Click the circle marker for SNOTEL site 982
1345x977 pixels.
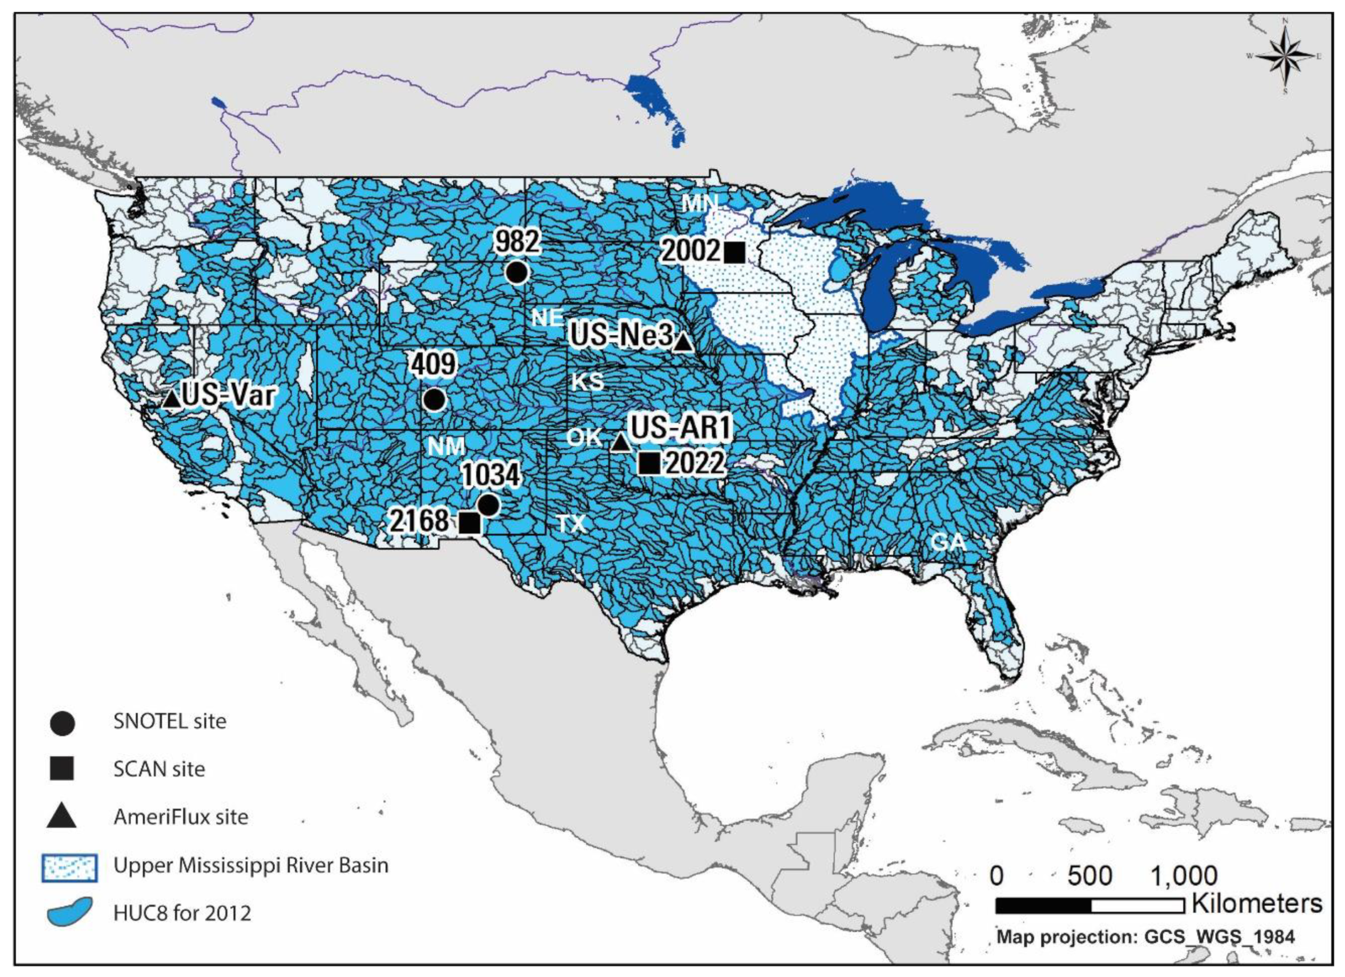(516, 272)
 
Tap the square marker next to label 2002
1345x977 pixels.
(734, 252)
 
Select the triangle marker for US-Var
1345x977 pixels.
(172, 399)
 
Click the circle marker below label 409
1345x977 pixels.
(434, 400)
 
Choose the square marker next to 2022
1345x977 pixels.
(649, 463)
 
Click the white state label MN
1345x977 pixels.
(700, 203)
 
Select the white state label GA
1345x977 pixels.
(948, 542)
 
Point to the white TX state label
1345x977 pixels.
(572, 523)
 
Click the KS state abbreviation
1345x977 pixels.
(587, 381)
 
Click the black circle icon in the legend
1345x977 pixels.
(62, 724)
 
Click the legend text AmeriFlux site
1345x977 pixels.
(181, 817)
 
